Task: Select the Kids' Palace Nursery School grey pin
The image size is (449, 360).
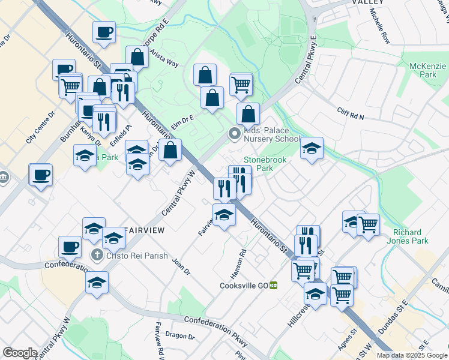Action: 234,134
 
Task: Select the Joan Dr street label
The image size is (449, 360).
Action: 181,266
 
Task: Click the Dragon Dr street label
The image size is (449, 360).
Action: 176,335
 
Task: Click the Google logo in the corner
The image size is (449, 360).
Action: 20,353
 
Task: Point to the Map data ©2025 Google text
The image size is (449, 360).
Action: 412,355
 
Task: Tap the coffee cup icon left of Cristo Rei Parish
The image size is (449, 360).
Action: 70,247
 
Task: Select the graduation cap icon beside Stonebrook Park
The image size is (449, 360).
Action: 312,148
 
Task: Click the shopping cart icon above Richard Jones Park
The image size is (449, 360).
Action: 367,224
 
